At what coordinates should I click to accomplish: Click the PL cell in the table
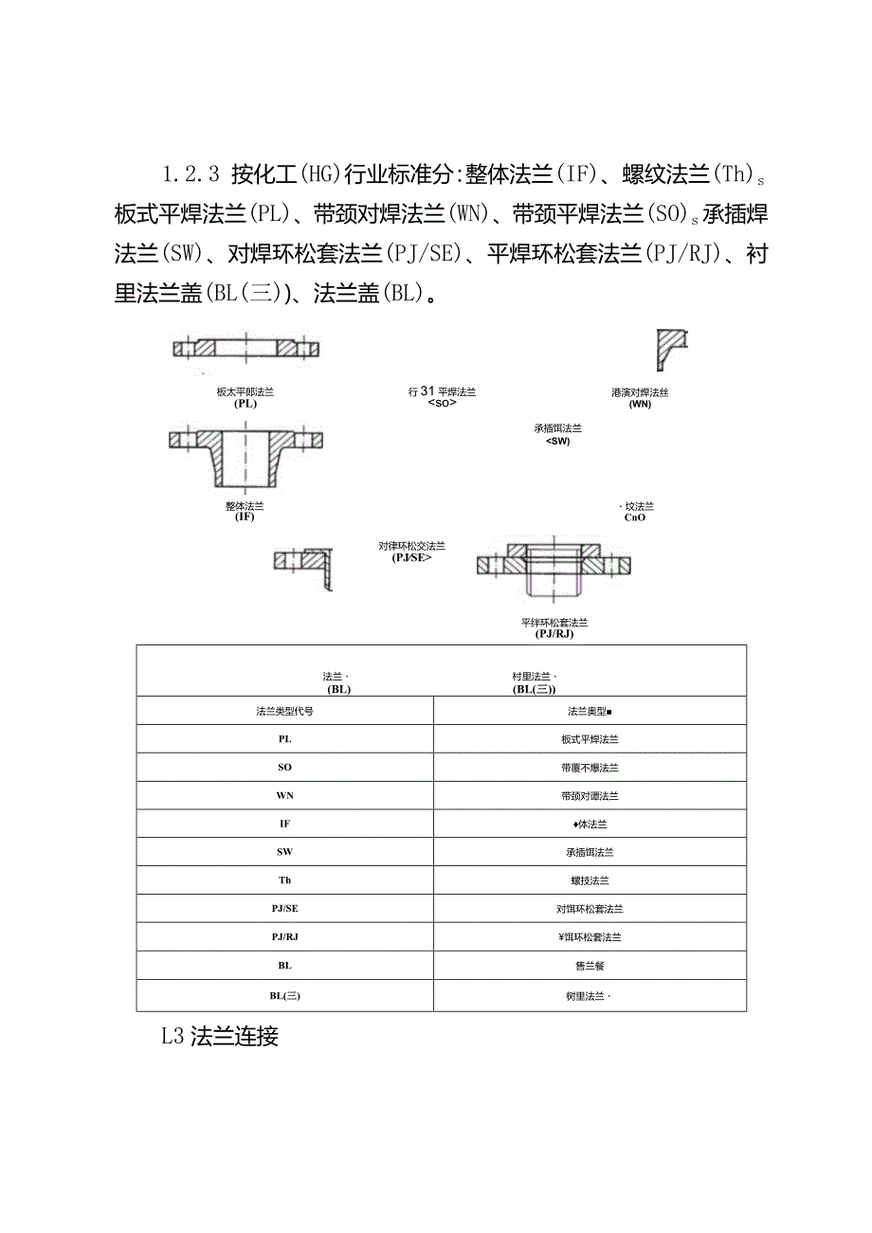click(x=284, y=738)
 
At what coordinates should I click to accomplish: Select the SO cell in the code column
click(x=284, y=767)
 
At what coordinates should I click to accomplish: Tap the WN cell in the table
click(x=284, y=795)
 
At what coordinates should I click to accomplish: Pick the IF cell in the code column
click(x=284, y=824)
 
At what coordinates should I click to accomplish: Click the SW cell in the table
click(x=284, y=852)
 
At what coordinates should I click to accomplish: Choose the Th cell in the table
click(x=284, y=880)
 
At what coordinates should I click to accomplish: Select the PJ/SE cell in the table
click(x=284, y=909)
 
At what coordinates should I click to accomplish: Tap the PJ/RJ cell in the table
click(x=284, y=937)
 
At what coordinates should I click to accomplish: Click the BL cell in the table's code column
click(x=284, y=966)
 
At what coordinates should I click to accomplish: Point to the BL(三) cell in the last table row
click(x=284, y=996)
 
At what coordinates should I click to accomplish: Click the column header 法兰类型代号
click(x=284, y=711)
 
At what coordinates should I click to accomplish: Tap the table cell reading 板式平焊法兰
click(x=590, y=739)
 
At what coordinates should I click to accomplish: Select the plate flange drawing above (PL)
click(x=245, y=348)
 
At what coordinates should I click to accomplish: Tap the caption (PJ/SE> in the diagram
click(x=411, y=558)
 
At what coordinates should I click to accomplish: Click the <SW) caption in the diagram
click(x=558, y=440)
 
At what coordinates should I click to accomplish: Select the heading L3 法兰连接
click(x=220, y=1036)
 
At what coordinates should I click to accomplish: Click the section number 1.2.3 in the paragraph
click(x=191, y=174)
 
